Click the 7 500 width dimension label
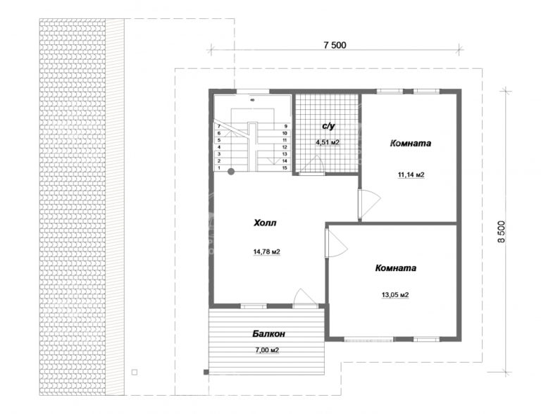point(335,45)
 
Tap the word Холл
point(266,223)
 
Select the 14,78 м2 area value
point(267,251)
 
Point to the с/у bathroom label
point(328,126)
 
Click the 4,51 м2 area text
point(328,142)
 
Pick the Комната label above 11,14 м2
point(411,144)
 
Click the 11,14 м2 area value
point(410,173)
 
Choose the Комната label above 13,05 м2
point(395,268)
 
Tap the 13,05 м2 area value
point(394,296)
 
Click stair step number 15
point(285,168)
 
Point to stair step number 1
point(219,168)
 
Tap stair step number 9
point(285,125)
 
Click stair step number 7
point(219,125)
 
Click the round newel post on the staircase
point(230,170)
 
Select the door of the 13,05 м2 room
point(335,244)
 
